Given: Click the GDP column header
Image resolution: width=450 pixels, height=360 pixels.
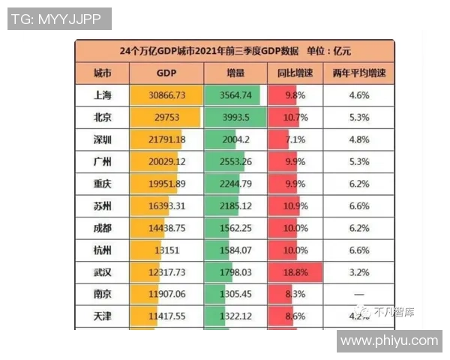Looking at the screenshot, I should click(x=166, y=73).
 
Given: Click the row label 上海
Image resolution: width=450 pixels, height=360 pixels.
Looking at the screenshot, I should click(x=103, y=96).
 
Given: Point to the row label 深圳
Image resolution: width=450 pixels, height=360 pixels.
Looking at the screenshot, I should click(x=103, y=140).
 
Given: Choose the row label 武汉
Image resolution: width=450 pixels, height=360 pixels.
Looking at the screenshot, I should click(x=103, y=272).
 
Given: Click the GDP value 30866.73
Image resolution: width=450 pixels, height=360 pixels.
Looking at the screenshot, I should click(x=166, y=96).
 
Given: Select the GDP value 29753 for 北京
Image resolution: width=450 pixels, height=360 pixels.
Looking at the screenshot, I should click(x=166, y=118).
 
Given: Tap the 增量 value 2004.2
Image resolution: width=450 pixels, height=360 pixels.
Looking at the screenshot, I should click(x=235, y=140).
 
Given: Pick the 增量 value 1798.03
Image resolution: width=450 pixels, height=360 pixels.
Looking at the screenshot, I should click(x=235, y=272).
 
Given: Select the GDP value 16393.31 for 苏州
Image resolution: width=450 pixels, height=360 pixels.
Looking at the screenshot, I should click(x=166, y=206).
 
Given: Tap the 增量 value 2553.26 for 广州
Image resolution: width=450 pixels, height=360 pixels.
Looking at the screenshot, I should click(x=235, y=162).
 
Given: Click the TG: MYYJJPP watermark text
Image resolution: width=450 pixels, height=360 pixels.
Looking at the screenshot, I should click(x=59, y=19).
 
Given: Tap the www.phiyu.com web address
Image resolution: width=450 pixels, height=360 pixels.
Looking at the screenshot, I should click(x=388, y=340).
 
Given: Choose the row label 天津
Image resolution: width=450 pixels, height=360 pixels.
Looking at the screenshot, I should click(x=103, y=316).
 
